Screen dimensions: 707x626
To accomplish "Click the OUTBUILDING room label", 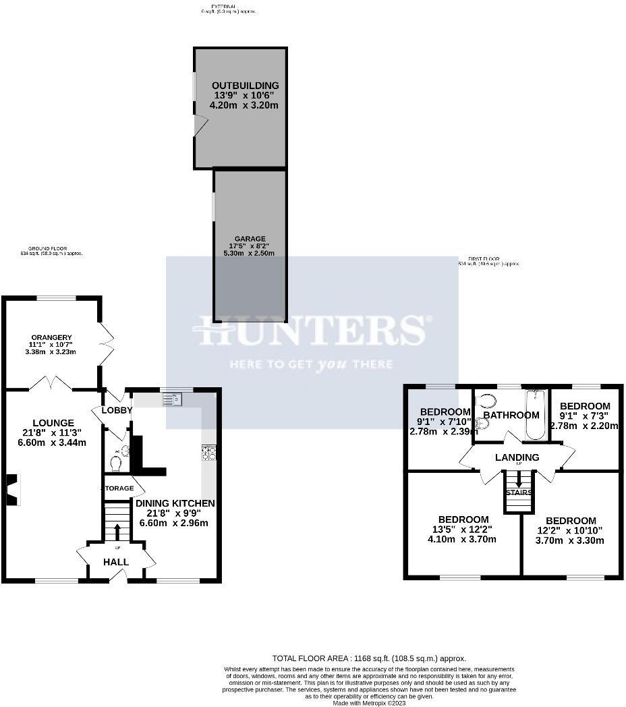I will point(245,86).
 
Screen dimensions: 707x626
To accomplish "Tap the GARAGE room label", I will point(250,239).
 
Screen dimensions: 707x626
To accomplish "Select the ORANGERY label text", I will point(51,338).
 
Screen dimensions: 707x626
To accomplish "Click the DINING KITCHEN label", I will point(175,503).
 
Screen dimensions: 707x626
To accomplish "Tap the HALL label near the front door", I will point(116,562).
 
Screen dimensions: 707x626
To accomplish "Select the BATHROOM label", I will point(511,415).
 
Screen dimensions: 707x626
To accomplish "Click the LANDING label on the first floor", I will point(517,457).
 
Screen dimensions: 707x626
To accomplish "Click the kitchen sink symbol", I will point(171,399).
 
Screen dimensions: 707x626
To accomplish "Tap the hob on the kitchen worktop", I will point(208,453).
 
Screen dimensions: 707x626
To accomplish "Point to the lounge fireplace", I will point(13,489).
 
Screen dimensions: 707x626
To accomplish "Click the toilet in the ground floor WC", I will point(116,463).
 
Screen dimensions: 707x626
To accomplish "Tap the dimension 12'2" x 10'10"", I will point(571,530).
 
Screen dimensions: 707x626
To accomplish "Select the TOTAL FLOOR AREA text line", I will point(369,658).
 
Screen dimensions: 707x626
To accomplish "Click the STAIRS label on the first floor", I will point(519,492).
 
